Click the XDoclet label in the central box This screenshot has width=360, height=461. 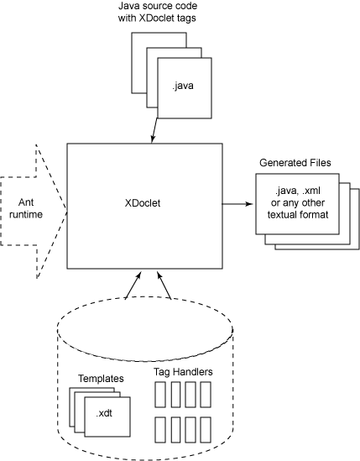143,203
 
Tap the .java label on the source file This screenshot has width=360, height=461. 183,86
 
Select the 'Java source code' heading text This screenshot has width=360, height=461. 158,6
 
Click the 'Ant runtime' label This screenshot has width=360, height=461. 26,208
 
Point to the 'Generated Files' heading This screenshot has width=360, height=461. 295,163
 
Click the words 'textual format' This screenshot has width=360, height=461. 298,214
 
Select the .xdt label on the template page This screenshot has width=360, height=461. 104,413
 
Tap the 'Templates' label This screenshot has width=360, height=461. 101,379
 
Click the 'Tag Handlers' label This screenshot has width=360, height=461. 183,372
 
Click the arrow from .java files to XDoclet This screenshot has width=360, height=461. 154,130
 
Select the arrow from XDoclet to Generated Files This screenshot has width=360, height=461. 237,203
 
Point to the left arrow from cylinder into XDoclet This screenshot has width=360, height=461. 133,285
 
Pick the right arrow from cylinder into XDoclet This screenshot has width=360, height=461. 164,286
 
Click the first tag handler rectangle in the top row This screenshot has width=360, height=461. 160,395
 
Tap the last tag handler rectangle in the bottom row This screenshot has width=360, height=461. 206,430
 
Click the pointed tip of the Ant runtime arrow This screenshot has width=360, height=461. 67,212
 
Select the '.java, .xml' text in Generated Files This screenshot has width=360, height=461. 298,191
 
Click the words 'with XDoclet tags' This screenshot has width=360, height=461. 157,18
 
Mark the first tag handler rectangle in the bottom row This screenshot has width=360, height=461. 160,430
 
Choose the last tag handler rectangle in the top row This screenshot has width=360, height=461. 206,395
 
